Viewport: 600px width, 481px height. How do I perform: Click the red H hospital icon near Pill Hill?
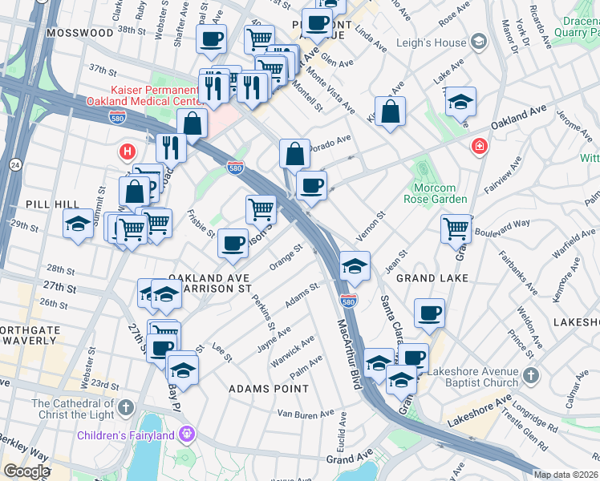point(127,151)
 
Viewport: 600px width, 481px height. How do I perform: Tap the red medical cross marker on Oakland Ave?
point(479,146)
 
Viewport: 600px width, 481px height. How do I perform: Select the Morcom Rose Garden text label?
point(435,193)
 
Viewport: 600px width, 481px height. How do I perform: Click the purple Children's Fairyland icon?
point(187,435)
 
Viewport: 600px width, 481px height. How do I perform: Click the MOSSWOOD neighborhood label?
point(80,33)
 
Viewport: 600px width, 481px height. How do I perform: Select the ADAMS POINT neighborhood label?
point(268,389)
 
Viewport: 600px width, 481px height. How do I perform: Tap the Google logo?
point(27,471)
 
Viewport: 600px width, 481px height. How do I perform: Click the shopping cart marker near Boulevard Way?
point(456,228)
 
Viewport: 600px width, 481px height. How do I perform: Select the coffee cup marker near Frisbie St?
point(233,244)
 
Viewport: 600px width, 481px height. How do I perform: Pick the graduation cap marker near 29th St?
point(78,222)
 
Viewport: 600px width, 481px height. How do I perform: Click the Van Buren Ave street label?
point(299,414)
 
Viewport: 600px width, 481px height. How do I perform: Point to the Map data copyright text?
point(566,475)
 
